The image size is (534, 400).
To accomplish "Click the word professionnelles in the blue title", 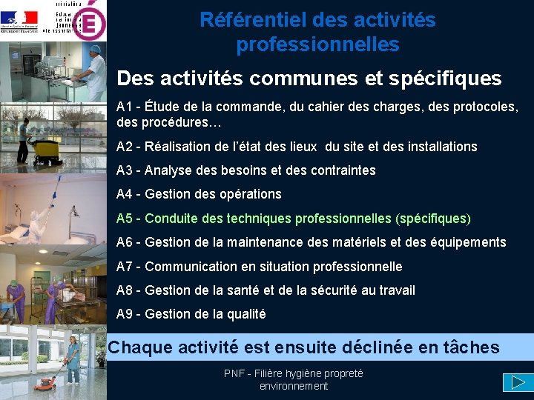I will [x=317, y=45].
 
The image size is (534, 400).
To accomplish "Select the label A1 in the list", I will [x=125, y=107].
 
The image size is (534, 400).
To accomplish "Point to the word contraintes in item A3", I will [x=339, y=170].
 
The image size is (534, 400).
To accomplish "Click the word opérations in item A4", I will [x=250, y=194].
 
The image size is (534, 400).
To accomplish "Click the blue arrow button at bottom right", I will [x=513, y=382].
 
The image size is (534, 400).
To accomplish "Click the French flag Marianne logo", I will [x=20, y=19].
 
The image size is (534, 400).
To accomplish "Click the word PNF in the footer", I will [x=234, y=373].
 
